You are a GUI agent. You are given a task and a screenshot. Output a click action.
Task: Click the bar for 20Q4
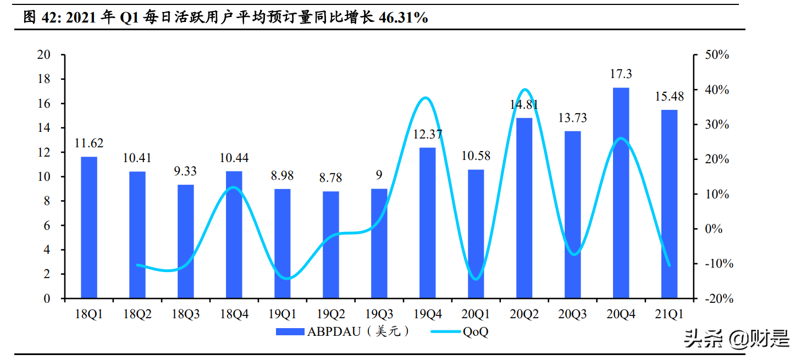(x=621, y=193)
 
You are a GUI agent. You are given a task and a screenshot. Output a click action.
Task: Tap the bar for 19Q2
(x=330, y=245)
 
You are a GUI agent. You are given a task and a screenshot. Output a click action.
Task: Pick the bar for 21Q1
(x=669, y=204)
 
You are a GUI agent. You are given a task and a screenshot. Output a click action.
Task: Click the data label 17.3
(x=621, y=74)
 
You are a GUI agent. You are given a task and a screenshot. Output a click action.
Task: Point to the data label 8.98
(x=282, y=176)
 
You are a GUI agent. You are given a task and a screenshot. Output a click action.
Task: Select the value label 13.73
(x=572, y=118)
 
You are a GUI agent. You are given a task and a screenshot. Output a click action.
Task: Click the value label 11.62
(x=89, y=143)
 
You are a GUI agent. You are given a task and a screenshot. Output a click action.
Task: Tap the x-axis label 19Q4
(x=427, y=314)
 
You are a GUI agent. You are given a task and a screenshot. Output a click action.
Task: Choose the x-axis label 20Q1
(x=476, y=314)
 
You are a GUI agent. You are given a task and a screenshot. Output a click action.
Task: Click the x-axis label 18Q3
(x=185, y=314)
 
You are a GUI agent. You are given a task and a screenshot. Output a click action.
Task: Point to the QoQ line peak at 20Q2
(x=524, y=90)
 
